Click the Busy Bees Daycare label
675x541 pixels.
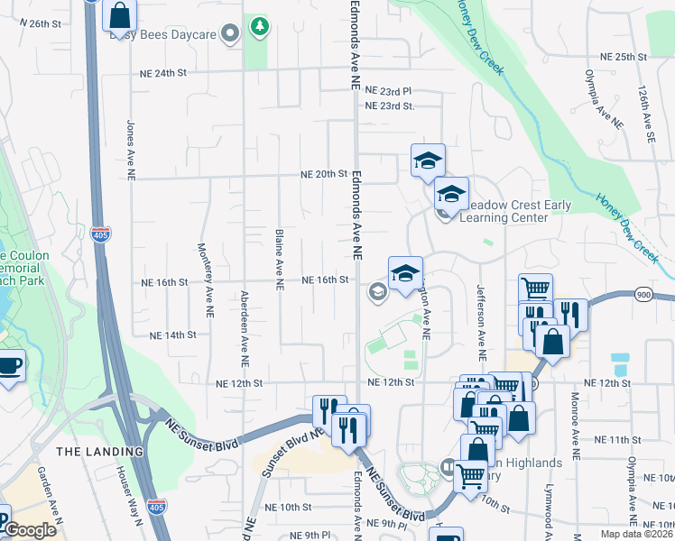click(162, 34)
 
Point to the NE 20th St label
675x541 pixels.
click(325, 174)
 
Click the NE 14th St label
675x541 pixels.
click(173, 335)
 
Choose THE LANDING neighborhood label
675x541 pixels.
click(99, 451)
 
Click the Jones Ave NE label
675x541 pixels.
click(132, 149)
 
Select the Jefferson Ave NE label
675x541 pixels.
click(481, 324)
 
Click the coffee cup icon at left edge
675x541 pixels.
click(9, 366)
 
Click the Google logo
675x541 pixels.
click(31, 529)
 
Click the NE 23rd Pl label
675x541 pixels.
click(389, 91)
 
